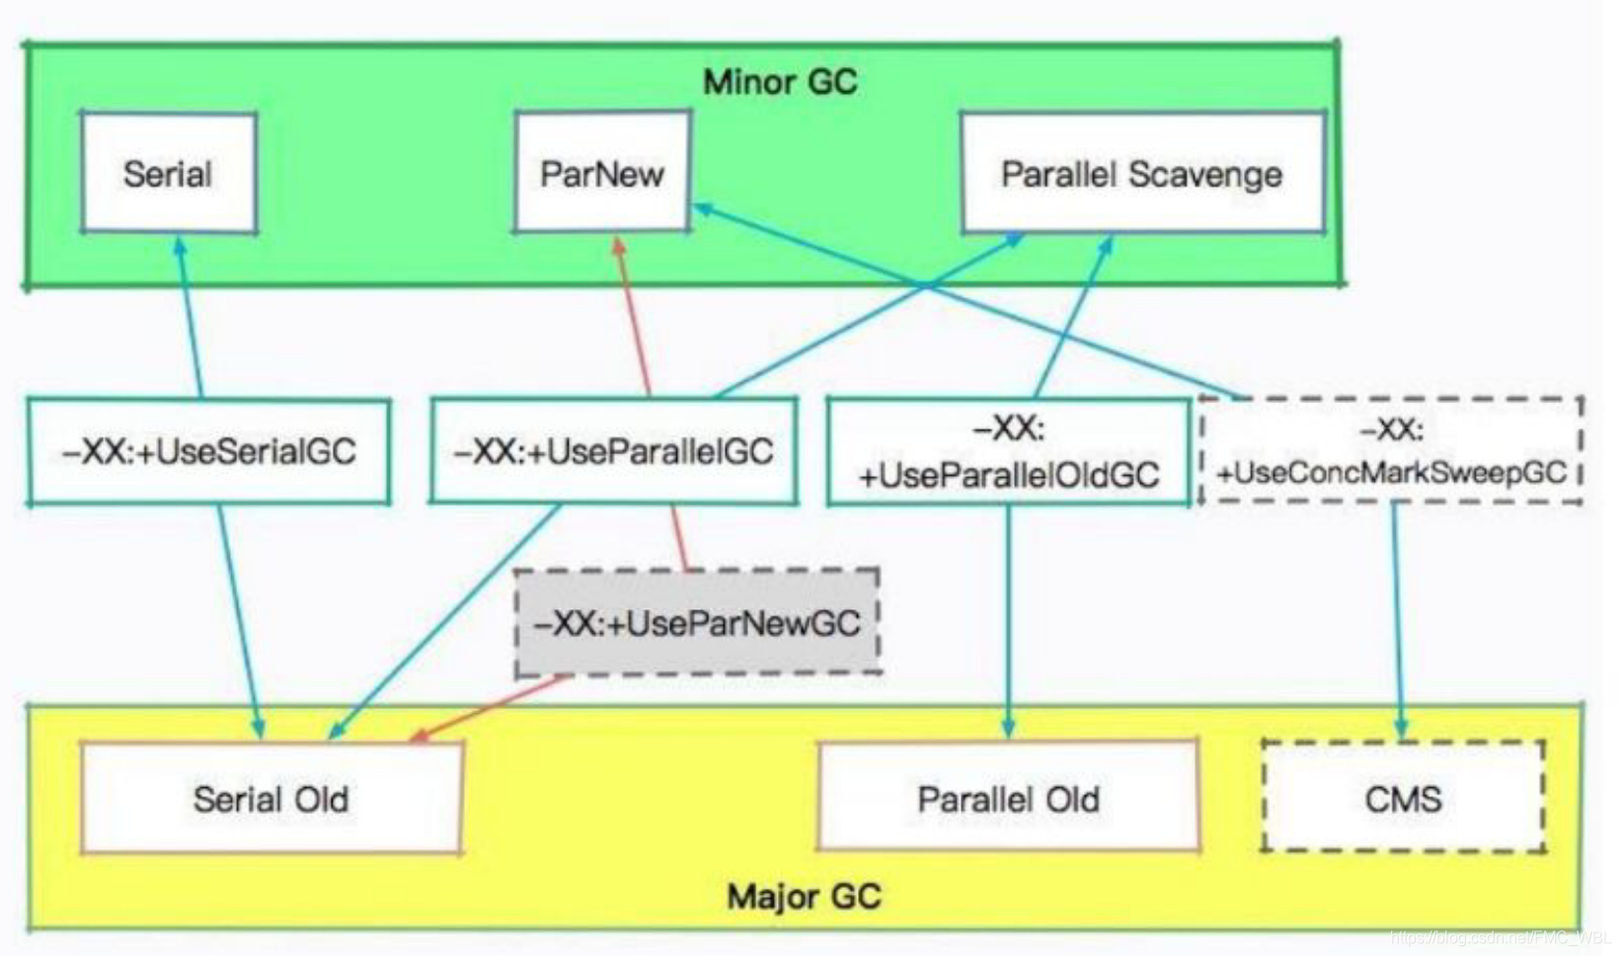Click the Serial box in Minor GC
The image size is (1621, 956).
[168, 174]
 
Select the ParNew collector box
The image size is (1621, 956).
[601, 174]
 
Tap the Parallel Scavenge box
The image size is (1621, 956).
[1141, 174]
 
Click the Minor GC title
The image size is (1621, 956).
[780, 81]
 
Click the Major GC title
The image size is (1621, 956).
[804, 897]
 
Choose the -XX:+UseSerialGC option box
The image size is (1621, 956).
[208, 451]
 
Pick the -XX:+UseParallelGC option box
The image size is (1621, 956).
[613, 451]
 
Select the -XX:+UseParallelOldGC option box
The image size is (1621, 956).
[1008, 452]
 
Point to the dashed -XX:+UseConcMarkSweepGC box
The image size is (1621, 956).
[1391, 451]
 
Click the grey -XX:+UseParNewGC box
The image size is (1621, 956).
[697, 623]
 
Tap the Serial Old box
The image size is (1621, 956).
[270, 798]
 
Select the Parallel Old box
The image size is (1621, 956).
[1008, 798]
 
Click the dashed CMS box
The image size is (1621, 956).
[1403, 798]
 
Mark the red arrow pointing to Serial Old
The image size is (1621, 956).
[491, 707]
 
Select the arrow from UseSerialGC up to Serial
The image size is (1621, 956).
[191, 316]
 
